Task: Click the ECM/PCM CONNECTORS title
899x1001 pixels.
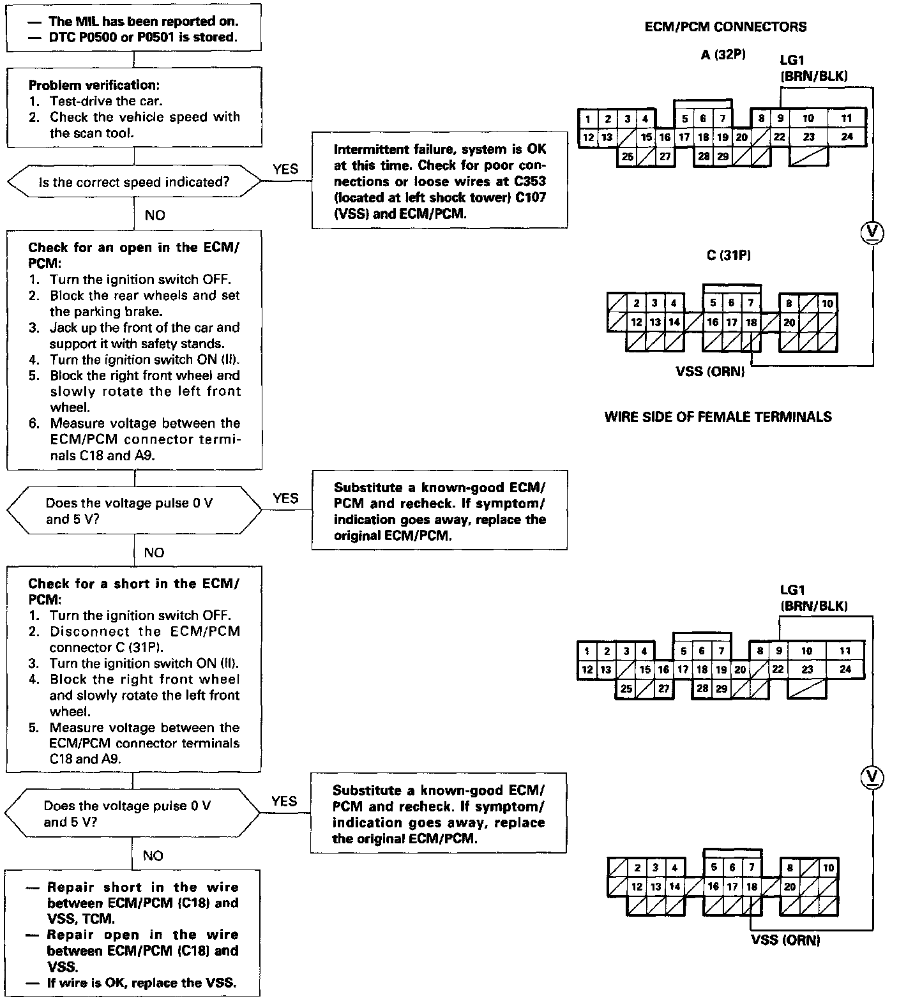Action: click(725, 27)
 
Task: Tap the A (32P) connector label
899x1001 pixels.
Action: click(723, 55)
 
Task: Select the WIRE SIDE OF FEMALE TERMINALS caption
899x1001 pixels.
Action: click(718, 418)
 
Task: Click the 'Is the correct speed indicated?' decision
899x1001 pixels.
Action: click(134, 183)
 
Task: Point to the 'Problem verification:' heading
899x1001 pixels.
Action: click(94, 85)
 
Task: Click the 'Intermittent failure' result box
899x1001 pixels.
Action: click(439, 181)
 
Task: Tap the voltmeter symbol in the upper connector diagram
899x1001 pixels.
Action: click(872, 232)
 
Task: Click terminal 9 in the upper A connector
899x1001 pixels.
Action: click(780, 118)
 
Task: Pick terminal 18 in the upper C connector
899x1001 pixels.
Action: click(752, 322)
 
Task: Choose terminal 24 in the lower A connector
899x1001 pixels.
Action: click(845, 670)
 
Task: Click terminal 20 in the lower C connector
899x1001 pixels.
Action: click(790, 886)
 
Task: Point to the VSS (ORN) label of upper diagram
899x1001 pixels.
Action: click(710, 371)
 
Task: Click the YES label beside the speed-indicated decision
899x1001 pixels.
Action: click(285, 169)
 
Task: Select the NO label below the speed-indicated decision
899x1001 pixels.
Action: click(155, 215)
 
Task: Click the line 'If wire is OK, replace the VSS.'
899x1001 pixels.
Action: click(141, 983)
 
